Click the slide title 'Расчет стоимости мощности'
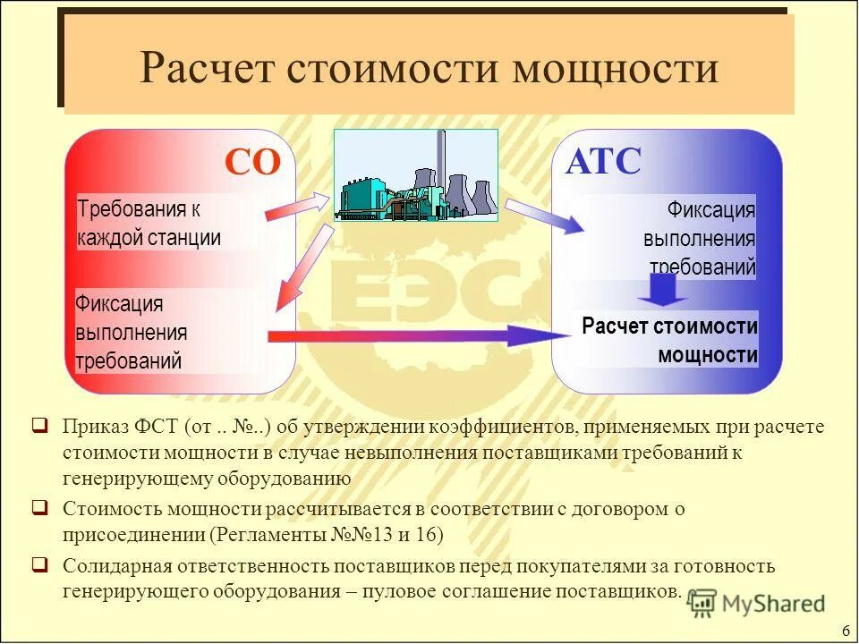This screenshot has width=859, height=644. pos(429,68)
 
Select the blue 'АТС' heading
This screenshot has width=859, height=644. pos(603,162)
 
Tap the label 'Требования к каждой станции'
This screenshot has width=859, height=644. pos(149,224)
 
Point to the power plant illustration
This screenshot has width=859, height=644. pos(415,175)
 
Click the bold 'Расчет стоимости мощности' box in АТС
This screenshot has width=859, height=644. pos(669,340)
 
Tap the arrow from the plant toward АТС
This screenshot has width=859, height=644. pos(545,216)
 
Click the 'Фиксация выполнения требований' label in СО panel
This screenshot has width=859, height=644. pos(132,332)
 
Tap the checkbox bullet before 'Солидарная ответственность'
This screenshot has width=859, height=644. pos(40,564)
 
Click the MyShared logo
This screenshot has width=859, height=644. pos(757,604)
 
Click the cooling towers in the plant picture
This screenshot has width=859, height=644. pos(470,193)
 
